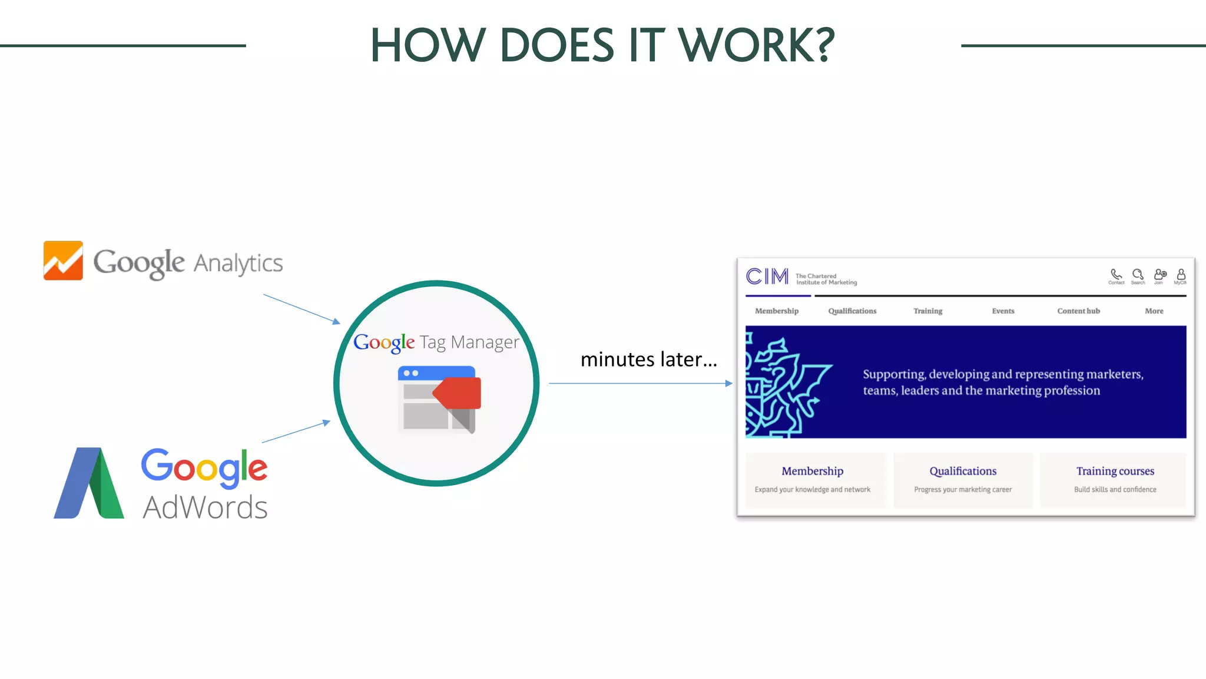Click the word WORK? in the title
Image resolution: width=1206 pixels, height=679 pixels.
click(x=756, y=45)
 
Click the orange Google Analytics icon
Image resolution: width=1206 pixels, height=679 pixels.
click(x=63, y=261)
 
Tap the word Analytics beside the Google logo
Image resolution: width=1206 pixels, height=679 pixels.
click(x=238, y=263)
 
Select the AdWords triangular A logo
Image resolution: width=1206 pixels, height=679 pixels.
click(x=90, y=483)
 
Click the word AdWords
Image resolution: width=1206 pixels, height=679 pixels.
click(x=205, y=507)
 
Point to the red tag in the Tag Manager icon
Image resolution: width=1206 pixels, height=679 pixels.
click(x=459, y=393)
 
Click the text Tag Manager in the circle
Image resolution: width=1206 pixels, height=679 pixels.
click(x=469, y=342)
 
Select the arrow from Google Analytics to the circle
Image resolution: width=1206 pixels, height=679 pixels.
click(x=301, y=308)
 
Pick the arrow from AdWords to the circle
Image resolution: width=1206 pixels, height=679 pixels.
click(x=296, y=431)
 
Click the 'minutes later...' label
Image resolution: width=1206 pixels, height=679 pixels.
click(x=648, y=359)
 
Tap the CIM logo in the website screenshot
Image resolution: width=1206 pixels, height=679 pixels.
click(x=767, y=276)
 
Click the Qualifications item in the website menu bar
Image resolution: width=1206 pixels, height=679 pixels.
click(x=852, y=311)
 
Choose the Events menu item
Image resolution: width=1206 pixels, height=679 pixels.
click(x=1003, y=311)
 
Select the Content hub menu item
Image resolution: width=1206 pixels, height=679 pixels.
click(x=1078, y=311)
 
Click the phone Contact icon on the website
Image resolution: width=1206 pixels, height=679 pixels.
click(x=1116, y=275)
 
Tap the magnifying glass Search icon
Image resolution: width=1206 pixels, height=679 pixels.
click(x=1138, y=275)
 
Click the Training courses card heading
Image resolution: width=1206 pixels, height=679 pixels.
click(x=1115, y=471)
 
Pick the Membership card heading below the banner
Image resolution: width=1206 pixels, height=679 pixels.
click(x=812, y=471)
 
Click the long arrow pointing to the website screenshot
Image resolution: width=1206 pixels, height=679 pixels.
click(x=640, y=383)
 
